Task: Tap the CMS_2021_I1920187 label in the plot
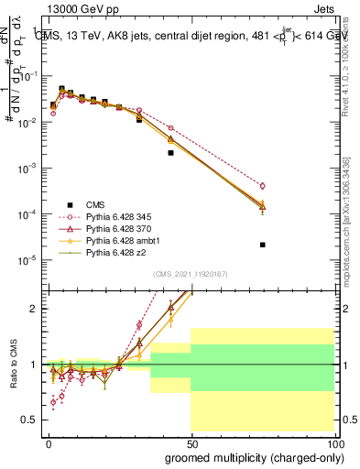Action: [191, 274]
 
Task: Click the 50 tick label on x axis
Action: [191, 442]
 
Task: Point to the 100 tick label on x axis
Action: [333, 442]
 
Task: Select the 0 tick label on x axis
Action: [49, 442]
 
